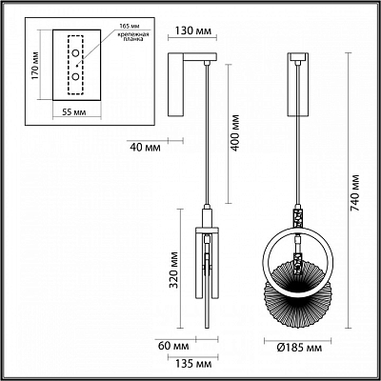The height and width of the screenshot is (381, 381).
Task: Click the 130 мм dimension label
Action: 193,31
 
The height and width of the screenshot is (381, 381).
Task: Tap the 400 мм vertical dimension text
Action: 235,133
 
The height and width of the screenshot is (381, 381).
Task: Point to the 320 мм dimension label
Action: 173,270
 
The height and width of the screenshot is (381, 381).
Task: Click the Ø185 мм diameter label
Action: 299,348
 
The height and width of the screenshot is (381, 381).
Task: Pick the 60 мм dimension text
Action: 173,346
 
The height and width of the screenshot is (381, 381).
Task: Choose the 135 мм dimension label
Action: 193,364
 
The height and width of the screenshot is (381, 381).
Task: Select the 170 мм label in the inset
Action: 35,66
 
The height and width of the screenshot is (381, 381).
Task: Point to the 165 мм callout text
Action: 129,26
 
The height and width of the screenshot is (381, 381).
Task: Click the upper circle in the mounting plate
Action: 75,53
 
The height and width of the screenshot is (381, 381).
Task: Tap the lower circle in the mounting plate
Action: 75,76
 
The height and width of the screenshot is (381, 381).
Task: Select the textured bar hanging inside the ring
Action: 297,265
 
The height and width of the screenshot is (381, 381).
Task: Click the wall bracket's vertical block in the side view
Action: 176,85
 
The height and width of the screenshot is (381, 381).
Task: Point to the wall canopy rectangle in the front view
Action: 298,84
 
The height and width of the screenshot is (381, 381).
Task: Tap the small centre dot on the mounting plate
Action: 78,66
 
